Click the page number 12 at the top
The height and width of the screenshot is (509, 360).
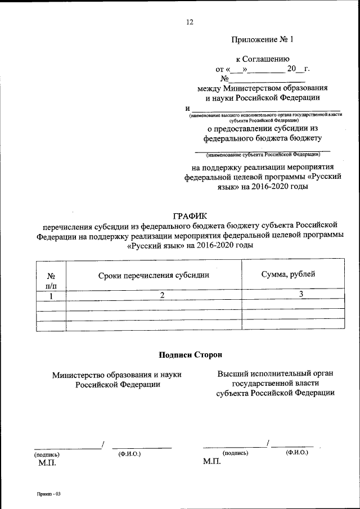(189, 22)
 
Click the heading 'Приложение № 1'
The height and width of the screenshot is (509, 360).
(262, 40)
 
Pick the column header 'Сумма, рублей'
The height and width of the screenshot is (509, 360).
(288, 274)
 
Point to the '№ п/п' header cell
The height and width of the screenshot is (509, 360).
(51, 280)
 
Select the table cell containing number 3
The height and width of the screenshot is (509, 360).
(301, 294)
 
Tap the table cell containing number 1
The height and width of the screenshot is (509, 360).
(51, 296)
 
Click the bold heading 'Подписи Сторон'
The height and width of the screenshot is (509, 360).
(191, 355)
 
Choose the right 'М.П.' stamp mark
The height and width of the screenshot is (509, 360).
(211, 461)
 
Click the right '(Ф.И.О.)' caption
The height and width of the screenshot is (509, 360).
(297, 452)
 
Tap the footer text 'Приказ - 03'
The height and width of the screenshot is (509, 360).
(49, 493)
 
